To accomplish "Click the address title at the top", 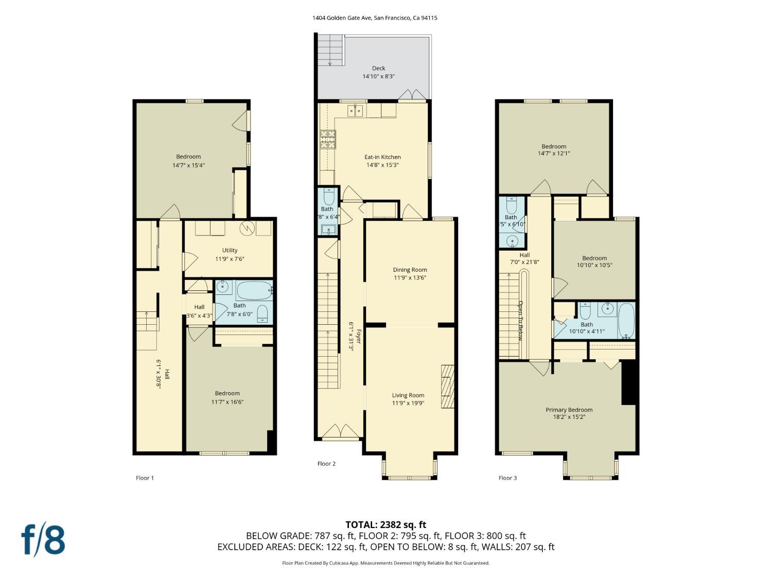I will (375, 17).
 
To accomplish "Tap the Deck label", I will (378, 68).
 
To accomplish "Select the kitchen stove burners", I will (327, 139).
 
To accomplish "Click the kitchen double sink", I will (355, 110).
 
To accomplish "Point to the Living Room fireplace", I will (448, 387).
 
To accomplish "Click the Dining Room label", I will (410, 270).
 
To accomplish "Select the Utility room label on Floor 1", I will (230, 250).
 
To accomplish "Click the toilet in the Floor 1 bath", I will (262, 313).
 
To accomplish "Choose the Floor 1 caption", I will (145, 478).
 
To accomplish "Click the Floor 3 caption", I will (507, 478).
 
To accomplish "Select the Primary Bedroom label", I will (569, 410).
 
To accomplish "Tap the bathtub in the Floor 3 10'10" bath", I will (626, 320).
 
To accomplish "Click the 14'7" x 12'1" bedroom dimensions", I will (553, 153).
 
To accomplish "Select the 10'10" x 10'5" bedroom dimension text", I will (594, 266).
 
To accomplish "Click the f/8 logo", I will (43, 539).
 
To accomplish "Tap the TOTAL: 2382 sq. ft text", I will (385, 524).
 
